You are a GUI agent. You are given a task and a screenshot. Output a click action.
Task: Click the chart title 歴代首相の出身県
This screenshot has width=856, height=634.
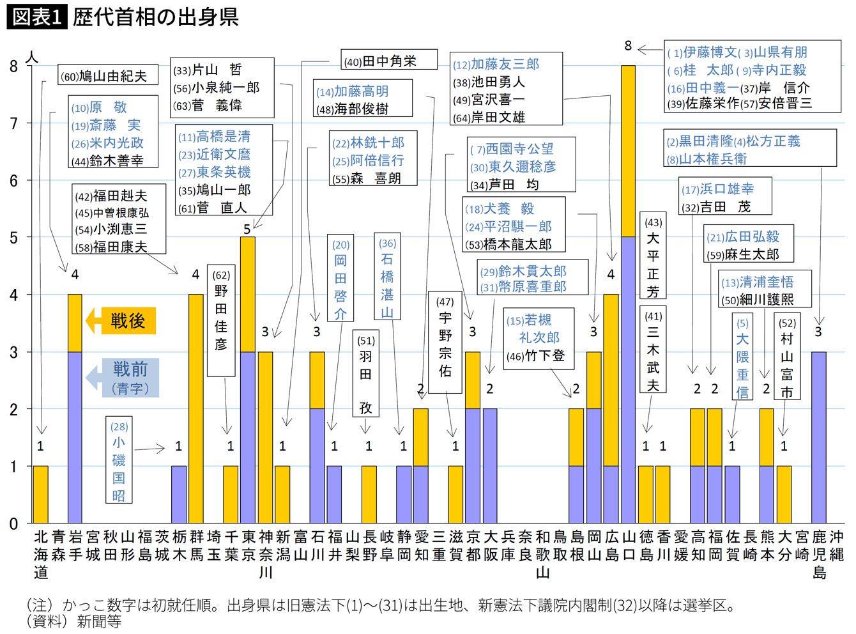[x=156, y=17]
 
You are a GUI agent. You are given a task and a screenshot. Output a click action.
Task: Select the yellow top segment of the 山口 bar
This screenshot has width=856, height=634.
[x=628, y=150]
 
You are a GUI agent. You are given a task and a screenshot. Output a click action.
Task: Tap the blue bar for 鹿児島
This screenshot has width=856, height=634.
[x=818, y=437]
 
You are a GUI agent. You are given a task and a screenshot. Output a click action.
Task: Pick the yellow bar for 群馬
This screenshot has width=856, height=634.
[x=195, y=408]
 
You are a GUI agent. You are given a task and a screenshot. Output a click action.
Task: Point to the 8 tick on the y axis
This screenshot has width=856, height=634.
[x=13, y=66]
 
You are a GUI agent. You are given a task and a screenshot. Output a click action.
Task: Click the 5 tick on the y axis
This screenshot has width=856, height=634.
[x=13, y=238]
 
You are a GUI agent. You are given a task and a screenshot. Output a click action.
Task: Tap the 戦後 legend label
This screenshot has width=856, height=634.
[x=128, y=321]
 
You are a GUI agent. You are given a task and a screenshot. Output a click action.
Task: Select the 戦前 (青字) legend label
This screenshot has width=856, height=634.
[x=130, y=378]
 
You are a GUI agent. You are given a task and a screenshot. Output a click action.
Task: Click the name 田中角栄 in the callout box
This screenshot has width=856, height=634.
[x=389, y=61]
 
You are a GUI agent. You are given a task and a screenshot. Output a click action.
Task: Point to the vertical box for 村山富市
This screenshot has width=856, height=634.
[x=787, y=357]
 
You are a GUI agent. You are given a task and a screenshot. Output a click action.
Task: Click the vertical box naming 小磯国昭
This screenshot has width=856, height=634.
[x=119, y=460]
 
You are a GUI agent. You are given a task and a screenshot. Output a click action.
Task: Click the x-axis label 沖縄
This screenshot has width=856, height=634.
[x=836, y=545]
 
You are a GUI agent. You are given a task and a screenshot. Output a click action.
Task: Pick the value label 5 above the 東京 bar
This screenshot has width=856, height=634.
[x=247, y=229]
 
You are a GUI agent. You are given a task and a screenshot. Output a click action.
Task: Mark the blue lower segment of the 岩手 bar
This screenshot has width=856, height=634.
[x=75, y=437]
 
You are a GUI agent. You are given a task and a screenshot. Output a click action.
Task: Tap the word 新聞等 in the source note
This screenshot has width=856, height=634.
[x=99, y=621]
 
